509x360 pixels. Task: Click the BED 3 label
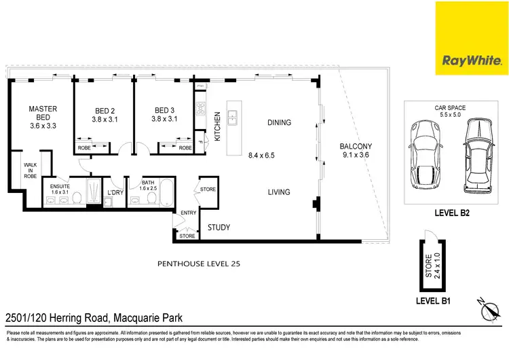164,110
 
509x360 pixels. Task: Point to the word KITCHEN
218,126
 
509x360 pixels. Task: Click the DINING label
279,123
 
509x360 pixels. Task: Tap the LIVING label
279,192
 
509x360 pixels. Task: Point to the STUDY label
219,228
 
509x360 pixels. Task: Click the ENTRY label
188,213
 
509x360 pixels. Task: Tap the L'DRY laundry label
115,193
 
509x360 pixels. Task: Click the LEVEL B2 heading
452,213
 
